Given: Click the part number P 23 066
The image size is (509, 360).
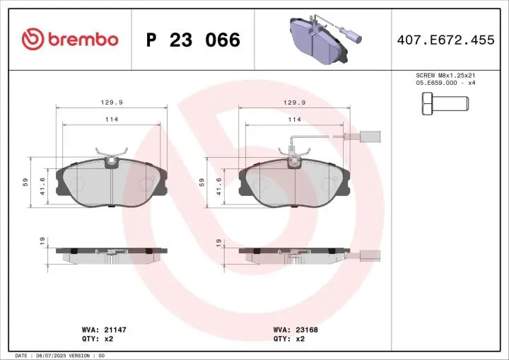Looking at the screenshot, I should [193, 40].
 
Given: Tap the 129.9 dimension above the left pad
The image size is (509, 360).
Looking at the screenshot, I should [112, 102].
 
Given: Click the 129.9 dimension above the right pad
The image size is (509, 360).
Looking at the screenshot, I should [294, 102].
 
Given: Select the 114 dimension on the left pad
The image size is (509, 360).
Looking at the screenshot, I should [112, 120].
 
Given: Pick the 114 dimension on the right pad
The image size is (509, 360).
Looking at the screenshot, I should [294, 120].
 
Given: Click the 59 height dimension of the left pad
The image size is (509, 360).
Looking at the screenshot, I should [25, 182].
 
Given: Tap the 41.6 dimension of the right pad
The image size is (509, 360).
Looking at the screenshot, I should [219, 186].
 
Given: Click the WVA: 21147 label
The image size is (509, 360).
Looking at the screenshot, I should [99, 330].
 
